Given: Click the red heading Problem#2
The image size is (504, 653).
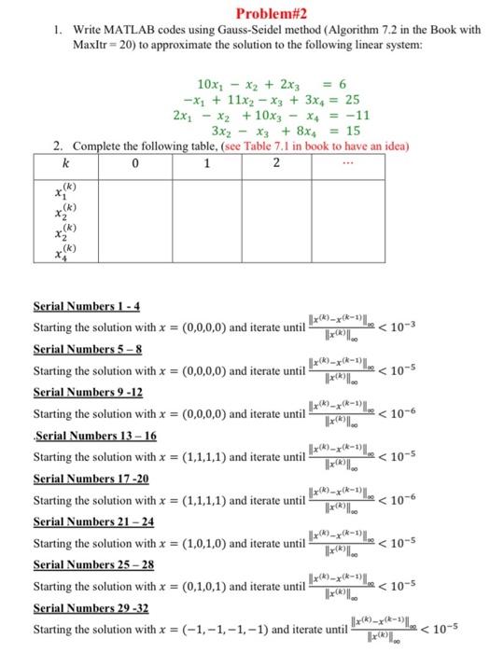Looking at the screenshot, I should [x=252, y=12].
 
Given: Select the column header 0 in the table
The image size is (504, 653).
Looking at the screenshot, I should [x=135, y=164].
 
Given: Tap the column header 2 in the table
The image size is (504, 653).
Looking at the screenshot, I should [x=276, y=164].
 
